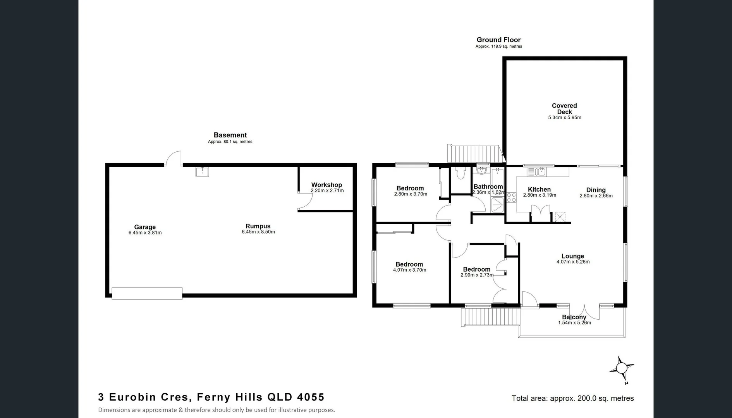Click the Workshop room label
click(326, 185)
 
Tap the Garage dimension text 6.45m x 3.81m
click(145, 233)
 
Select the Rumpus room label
click(258, 226)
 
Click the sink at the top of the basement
click(202, 172)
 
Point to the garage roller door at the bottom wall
click(147, 293)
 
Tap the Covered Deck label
click(564, 108)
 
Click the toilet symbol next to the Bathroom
click(461, 173)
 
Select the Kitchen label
click(539, 189)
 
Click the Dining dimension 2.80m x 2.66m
click(596, 196)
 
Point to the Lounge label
click(572, 256)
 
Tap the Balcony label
click(574, 317)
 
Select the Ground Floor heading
click(498, 39)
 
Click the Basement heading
click(230, 135)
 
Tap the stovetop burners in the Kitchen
click(511, 197)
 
